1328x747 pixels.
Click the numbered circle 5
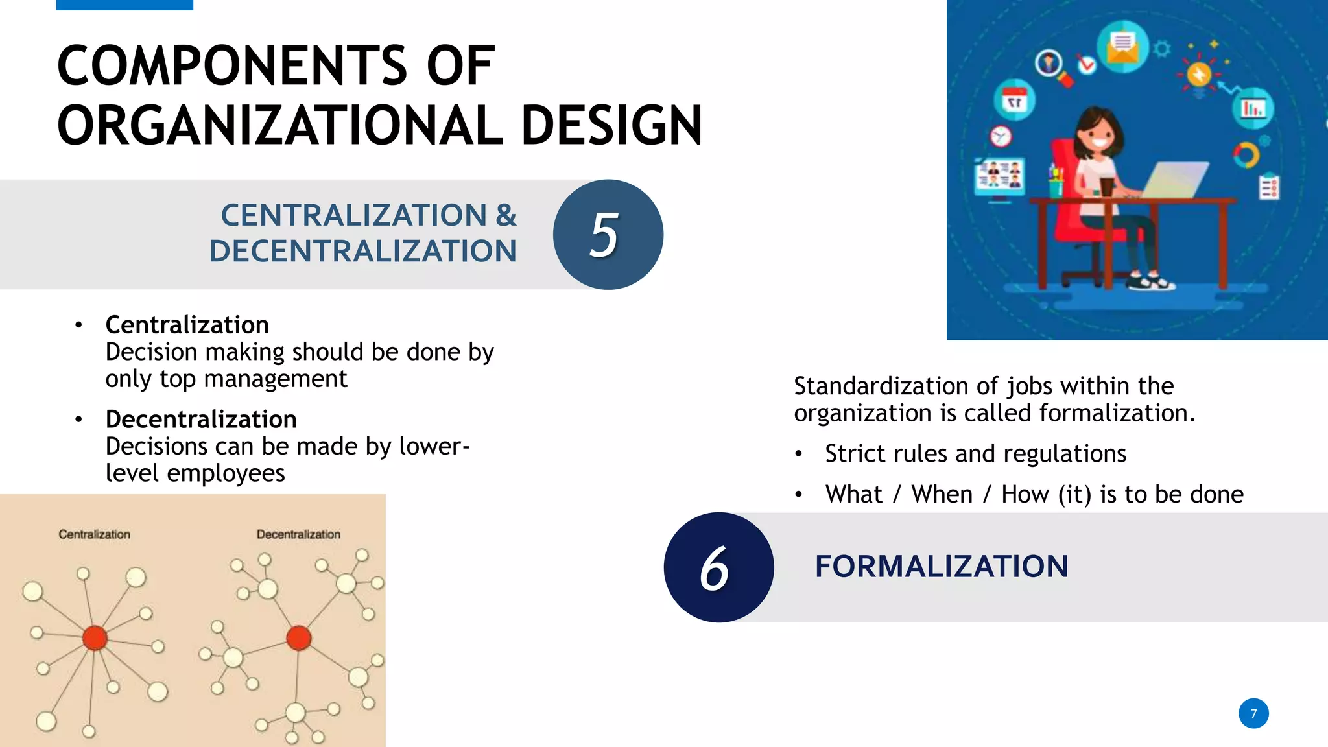coord(608,234)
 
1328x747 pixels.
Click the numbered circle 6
coord(718,567)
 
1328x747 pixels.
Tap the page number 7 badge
coord(1253,713)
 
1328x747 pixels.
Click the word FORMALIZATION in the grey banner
coord(942,566)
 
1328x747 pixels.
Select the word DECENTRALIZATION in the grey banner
coord(362,251)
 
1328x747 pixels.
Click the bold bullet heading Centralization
coord(187,324)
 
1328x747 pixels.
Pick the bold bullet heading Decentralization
coord(201,419)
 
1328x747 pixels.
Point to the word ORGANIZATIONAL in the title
coord(279,125)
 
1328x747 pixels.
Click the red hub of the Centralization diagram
coord(95,637)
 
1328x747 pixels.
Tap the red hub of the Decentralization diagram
coord(298,637)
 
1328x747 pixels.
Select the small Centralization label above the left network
coord(94,534)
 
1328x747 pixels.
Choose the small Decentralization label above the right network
coord(298,534)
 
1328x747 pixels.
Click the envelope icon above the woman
coord(1122,47)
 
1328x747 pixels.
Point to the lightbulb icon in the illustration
coord(1199,75)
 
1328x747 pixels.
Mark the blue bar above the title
coord(124,5)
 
